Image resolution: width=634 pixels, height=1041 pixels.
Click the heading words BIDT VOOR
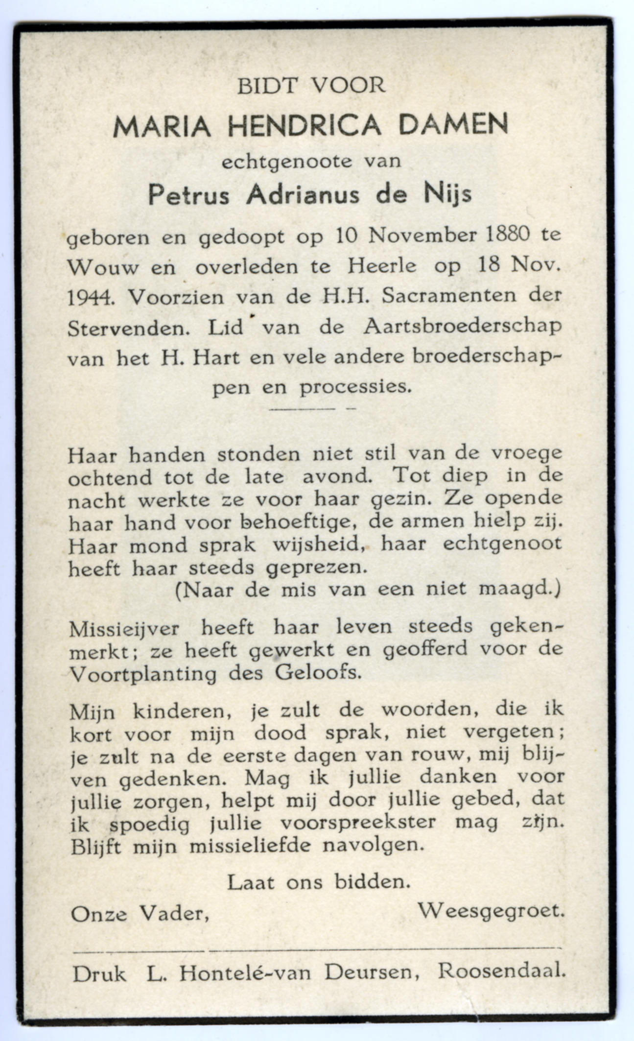[x=311, y=87]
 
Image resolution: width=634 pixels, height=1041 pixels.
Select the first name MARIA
[x=162, y=127]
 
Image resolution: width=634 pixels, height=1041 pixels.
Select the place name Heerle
[x=382, y=266]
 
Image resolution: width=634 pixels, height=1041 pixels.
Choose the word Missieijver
[x=124, y=629]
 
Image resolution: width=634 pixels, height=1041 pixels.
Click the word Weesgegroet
[x=491, y=911]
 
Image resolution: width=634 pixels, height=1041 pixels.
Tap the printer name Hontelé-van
[x=244, y=972]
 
